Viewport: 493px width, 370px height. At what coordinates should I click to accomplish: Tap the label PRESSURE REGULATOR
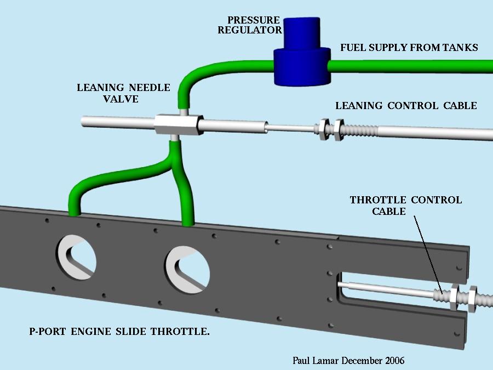click(x=250, y=25)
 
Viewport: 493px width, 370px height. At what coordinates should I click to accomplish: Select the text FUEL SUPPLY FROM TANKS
click(x=409, y=48)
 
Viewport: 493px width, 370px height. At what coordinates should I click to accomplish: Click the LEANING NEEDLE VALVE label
click(x=123, y=93)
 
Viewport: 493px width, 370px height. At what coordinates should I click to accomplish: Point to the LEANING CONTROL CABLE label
click(x=406, y=106)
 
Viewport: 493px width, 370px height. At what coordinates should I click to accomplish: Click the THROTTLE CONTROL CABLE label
click(x=405, y=206)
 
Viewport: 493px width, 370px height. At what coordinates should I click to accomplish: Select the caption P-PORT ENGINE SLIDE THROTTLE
click(x=119, y=331)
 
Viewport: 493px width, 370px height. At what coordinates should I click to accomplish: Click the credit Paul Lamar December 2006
click(x=348, y=361)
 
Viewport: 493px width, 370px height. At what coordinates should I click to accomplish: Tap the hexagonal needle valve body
click(x=178, y=124)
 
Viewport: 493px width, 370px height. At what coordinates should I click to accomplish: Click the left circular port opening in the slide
click(x=76, y=258)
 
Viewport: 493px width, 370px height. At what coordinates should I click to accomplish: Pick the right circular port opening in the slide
click(x=187, y=270)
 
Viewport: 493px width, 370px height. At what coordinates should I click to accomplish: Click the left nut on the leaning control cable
click(x=324, y=129)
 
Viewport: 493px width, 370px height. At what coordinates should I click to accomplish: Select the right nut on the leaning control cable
click(x=339, y=129)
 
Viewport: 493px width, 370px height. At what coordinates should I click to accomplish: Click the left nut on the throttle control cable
click(x=454, y=297)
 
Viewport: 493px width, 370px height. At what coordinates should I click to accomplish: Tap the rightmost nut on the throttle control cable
click(x=473, y=299)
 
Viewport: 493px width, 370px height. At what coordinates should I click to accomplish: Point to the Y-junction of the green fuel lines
click(x=173, y=166)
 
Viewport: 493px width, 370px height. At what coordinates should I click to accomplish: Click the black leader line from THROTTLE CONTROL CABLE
click(x=428, y=255)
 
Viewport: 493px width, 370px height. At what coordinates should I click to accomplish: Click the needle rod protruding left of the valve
click(x=118, y=122)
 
